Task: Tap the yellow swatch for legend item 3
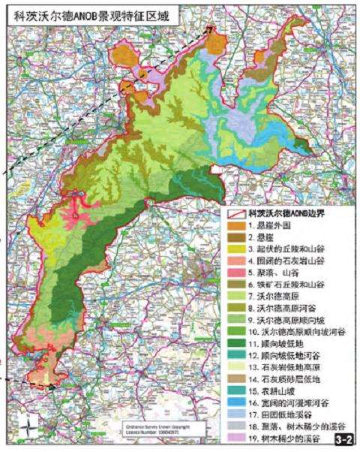pos(235,250)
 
